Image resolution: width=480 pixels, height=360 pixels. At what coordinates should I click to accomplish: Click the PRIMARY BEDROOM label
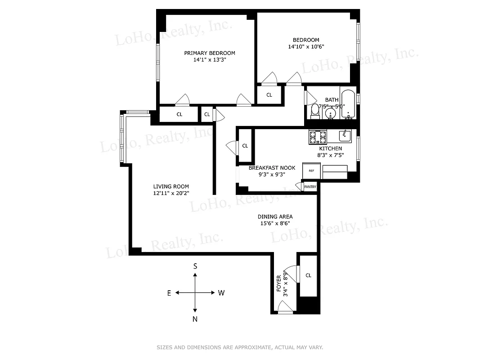coord(209,53)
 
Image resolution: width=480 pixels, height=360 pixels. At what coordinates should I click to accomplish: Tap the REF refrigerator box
coord(311,171)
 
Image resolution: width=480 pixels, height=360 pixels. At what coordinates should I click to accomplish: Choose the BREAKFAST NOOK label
coord(272,168)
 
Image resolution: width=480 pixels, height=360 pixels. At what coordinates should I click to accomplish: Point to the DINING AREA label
coord(275,216)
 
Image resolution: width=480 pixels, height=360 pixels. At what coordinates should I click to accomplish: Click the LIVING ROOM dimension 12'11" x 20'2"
coord(171,193)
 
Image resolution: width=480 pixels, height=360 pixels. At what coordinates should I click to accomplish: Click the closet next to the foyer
coord(308,275)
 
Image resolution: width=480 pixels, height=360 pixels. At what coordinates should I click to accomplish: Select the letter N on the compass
coord(195,319)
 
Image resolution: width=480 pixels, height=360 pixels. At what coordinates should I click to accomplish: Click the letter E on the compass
coord(169,293)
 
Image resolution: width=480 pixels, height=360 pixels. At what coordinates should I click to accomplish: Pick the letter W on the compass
coord(221,293)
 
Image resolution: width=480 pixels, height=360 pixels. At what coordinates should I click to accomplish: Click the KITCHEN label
coord(330,148)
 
